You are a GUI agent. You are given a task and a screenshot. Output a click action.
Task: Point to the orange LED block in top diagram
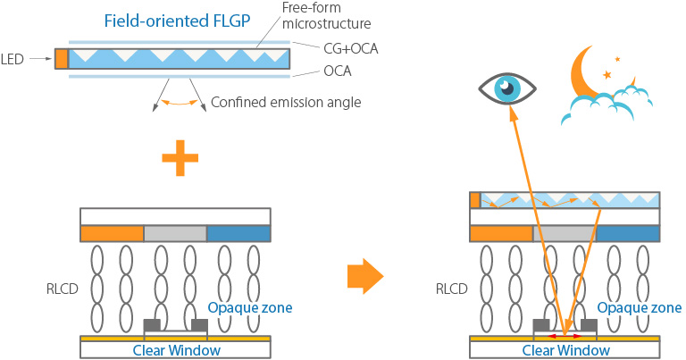[61, 59]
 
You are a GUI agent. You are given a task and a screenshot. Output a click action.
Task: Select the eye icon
[506, 87]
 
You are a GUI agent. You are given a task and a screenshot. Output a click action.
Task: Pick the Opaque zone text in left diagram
[249, 308]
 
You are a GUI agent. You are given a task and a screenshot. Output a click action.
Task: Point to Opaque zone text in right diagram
[640, 308]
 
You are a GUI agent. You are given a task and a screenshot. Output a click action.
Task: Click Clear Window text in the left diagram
[176, 350]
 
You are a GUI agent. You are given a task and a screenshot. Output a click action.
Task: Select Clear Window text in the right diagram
[566, 350]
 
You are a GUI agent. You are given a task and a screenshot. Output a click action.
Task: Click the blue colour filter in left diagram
[238, 233]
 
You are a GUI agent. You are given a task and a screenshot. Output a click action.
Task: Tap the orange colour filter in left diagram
[112, 233]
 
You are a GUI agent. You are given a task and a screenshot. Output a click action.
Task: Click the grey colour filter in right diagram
[565, 233]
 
